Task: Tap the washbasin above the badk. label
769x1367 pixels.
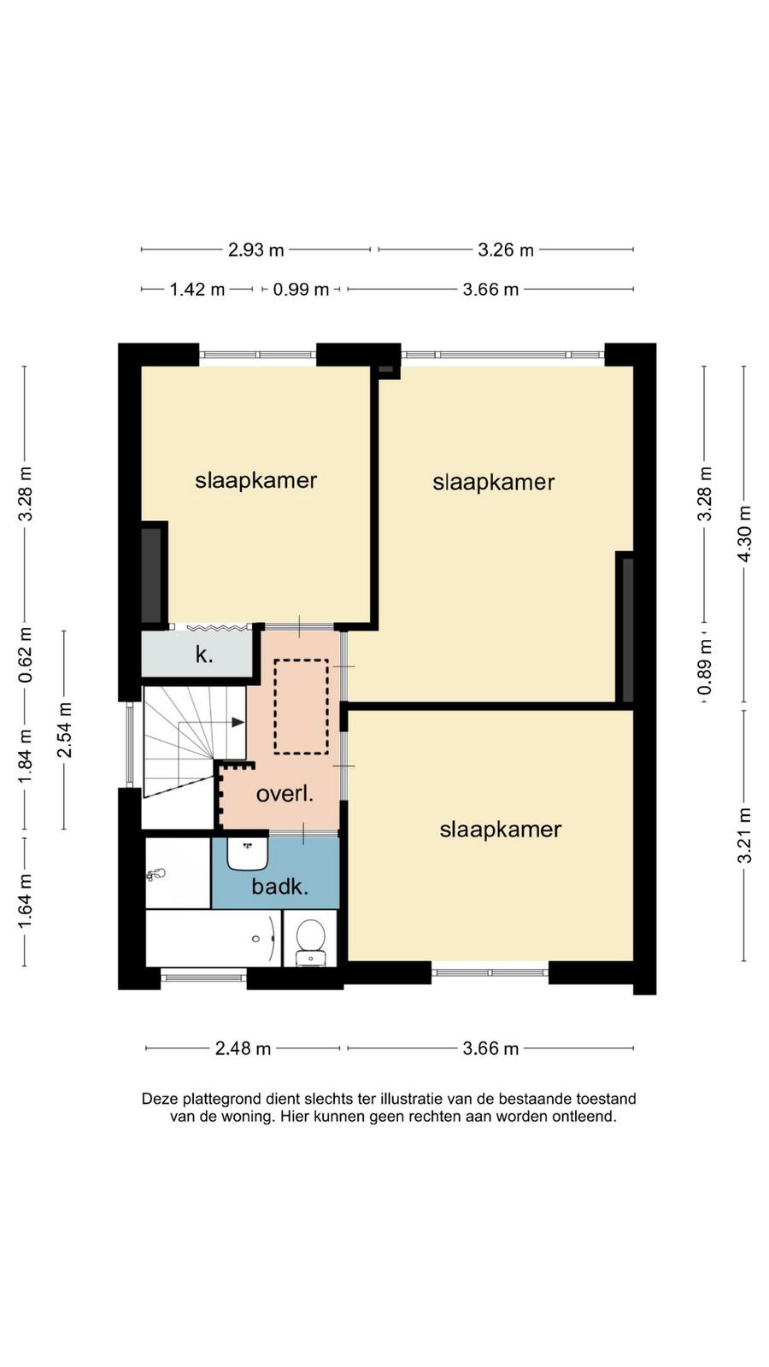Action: click(247, 854)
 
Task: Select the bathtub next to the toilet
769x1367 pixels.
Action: click(213, 938)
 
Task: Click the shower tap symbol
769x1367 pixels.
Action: click(156, 875)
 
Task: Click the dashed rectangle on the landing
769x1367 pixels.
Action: click(301, 707)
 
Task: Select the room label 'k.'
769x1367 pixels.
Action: click(204, 654)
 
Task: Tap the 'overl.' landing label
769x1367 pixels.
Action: click(285, 794)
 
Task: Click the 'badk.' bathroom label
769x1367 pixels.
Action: click(280, 886)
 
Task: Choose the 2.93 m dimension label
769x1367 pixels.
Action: click(255, 249)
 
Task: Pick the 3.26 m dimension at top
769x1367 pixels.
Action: click(505, 249)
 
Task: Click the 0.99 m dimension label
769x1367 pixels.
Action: click(301, 289)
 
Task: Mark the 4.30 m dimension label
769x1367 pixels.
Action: click(744, 535)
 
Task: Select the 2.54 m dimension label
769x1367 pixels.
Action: click(64, 730)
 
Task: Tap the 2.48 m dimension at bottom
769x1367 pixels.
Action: click(243, 1048)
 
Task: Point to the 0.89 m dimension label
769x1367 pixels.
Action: click(705, 666)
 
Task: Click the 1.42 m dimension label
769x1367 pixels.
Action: click(197, 289)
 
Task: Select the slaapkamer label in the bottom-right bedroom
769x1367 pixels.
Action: click(501, 830)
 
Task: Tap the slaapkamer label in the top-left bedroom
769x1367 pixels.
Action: click(255, 480)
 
